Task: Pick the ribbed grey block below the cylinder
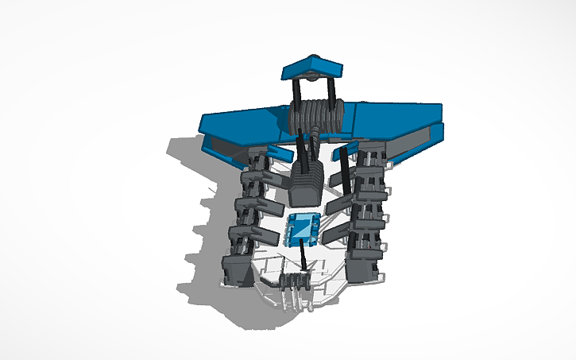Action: (304, 182)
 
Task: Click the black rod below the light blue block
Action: (304, 259)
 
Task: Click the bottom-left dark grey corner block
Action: (237, 269)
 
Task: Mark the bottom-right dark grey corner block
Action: (365, 270)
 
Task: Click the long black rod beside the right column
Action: (344, 171)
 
